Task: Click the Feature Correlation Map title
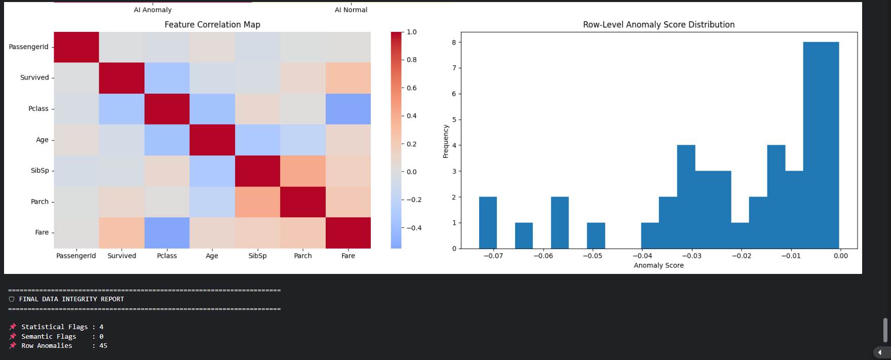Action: (x=212, y=24)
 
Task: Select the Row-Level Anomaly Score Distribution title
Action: (x=658, y=24)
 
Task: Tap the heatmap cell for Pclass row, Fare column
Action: (x=348, y=109)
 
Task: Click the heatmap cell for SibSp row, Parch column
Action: (x=303, y=171)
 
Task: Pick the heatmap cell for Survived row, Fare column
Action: (x=348, y=78)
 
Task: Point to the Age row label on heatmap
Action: (x=42, y=140)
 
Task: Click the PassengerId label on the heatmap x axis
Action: (x=76, y=256)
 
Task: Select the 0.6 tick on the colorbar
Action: (x=411, y=88)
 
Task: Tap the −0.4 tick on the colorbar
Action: (x=414, y=228)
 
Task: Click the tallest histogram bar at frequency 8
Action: (x=821, y=145)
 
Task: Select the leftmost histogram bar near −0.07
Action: (x=488, y=223)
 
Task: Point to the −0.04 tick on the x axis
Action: (x=642, y=256)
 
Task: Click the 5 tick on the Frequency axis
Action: (x=454, y=119)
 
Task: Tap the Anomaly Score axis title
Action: (x=658, y=265)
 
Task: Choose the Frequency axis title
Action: (x=446, y=141)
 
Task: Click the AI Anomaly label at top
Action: (x=152, y=10)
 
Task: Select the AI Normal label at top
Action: (x=351, y=10)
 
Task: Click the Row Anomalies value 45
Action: (x=103, y=346)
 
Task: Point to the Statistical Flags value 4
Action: (x=101, y=327)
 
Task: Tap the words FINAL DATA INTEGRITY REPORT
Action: (x=71, y=299)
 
